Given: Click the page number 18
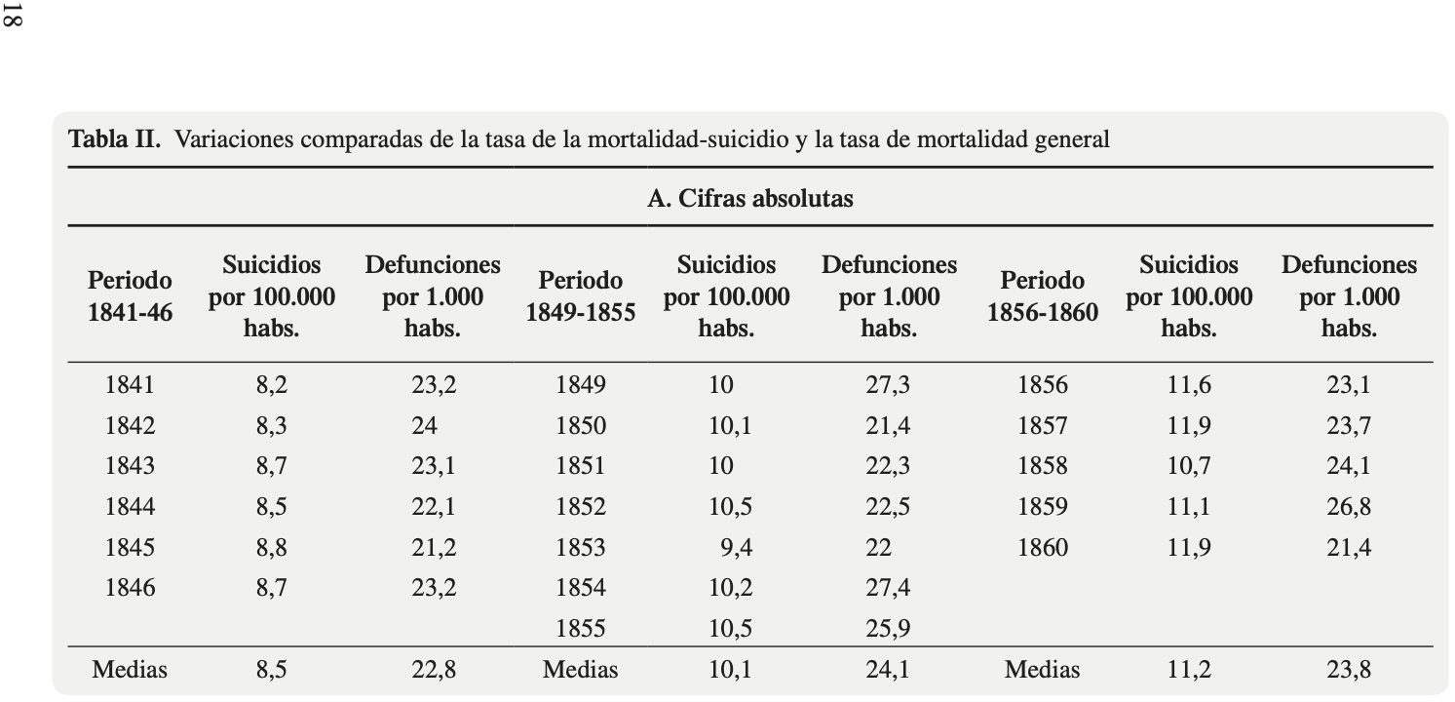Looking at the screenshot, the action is (13, 15).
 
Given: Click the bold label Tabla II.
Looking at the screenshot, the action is (114, 139).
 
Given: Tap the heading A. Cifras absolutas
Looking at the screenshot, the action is (750, 198).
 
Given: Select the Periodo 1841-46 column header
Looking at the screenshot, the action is (130, 296).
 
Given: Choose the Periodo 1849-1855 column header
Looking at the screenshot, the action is (580, 296).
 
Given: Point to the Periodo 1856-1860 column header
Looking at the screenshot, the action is (1043, 296).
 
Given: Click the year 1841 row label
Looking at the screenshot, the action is (130, 385).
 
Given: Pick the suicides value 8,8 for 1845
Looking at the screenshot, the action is (272, 547).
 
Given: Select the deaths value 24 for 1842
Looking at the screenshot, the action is (424, 426).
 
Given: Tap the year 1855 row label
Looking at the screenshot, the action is (580, 629).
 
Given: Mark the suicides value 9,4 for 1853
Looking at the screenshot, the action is (737, 547).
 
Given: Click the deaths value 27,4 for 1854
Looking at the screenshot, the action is (887, 588).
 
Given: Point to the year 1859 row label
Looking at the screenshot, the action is (1043, 506).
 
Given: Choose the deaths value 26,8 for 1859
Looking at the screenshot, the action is (1349, 506).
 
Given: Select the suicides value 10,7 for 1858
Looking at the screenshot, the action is (1189, 466).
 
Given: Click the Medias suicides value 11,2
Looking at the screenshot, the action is (1189, 670).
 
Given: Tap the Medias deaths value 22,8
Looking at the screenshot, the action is (434, 670).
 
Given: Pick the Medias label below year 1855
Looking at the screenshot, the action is (580, 670).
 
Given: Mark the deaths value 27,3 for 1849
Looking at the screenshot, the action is (887, 385).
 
